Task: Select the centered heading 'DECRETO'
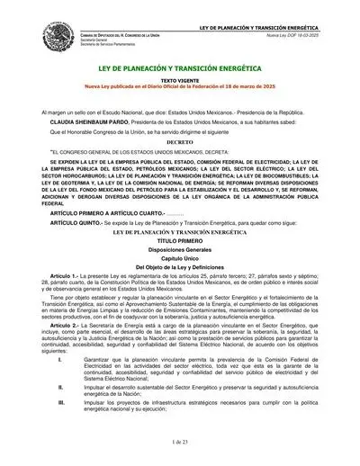(x=180, y=141)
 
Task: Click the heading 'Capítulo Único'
(x=180, y=260)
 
